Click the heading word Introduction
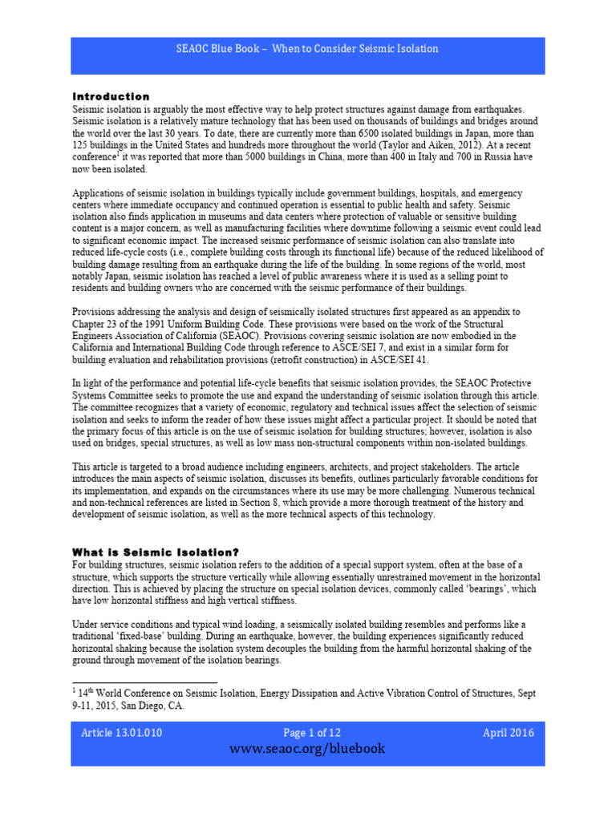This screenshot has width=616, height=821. coord(111,96)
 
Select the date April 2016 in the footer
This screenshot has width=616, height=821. coord(508,733)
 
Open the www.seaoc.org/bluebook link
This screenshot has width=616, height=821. coord(307,749)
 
